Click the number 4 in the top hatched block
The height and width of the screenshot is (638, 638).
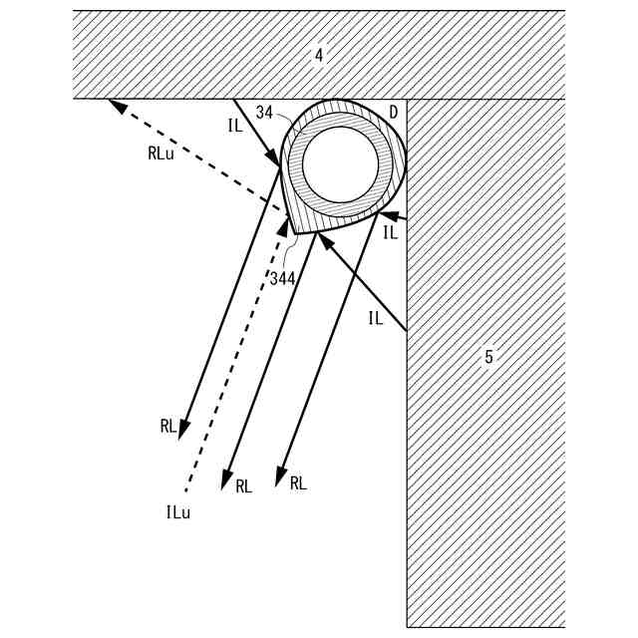[x=319, y=56]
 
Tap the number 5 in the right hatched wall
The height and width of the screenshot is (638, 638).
[x=488, y=357]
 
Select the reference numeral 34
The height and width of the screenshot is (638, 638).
[x=263, y=115]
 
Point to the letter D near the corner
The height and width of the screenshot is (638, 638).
[x=394, y=113]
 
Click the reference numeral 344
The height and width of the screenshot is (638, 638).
[x=282, y=278]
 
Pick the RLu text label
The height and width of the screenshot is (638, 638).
[x=160, y=155]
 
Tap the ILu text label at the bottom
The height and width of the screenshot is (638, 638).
[x=178, y=512]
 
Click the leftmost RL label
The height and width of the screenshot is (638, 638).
[x=168, y=426]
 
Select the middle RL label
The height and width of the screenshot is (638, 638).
[x=244, y=486]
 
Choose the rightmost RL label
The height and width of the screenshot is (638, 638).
[x=298, y=482]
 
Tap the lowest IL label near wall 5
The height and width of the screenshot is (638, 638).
[x=375, y=318]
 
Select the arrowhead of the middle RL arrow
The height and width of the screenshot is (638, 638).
[x=226, y=477]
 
